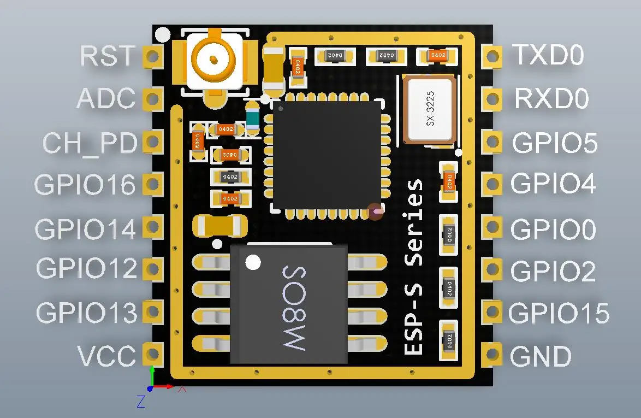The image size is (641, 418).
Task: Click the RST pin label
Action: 107,56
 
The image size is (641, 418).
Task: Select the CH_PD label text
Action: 90,143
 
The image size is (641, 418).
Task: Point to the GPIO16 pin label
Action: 85,185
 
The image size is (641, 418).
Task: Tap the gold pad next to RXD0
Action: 492,99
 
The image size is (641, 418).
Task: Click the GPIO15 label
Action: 559,313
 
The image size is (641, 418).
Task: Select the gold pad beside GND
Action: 492,355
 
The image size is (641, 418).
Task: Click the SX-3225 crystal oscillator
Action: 430,109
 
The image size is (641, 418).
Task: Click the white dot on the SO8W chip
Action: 252,263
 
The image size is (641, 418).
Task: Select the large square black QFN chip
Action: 327,155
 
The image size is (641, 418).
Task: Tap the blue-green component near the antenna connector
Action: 252,118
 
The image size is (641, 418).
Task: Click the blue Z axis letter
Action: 141,402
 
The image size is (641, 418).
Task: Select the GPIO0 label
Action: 553,229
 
